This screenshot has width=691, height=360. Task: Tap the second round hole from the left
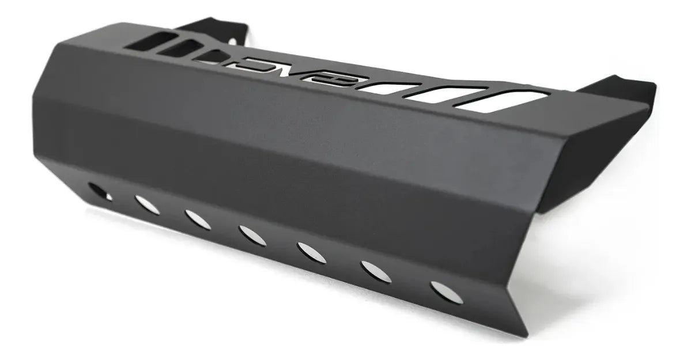point(147,204)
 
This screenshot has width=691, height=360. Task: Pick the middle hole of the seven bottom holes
point(252,236)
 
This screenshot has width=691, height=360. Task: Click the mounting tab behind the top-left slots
point(214,29)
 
